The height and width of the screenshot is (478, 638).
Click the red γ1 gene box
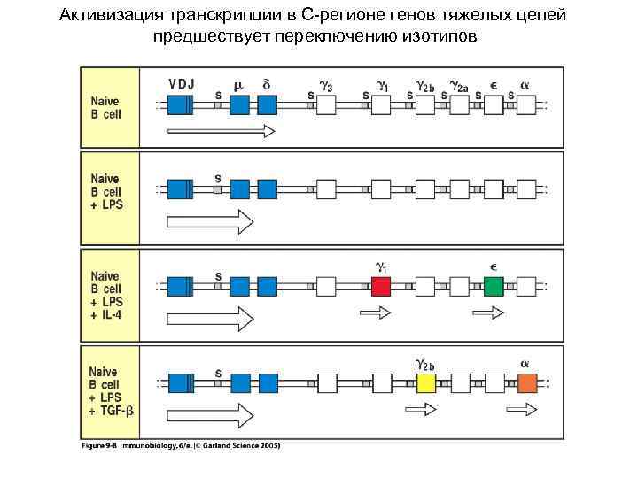tap(381, 286)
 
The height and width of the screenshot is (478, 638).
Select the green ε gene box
tap(494, 286)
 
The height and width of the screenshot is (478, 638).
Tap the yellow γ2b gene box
tap(427, 383)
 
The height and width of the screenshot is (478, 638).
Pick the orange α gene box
tap(527, 383)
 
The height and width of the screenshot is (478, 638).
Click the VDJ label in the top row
tap(182, 84)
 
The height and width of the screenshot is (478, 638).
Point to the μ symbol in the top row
tap(237, 85)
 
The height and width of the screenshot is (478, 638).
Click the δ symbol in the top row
tap(266, 84)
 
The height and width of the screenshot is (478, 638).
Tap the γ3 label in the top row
tap(326, 86)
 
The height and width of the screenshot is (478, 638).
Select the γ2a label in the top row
tap(458, 87)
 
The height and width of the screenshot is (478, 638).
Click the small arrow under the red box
tap(375, 312)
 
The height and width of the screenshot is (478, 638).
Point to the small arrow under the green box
tap(488, 312)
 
